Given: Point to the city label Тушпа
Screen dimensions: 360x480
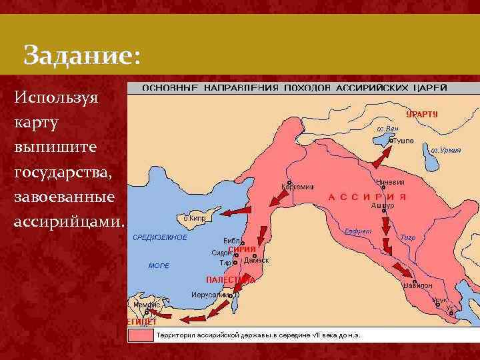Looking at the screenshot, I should (x=403, y=141).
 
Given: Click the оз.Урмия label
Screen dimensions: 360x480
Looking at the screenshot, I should (x=445, y=151).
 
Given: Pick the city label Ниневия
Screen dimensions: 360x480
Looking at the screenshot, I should (x=390, y=181).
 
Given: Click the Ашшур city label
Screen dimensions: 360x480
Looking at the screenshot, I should (x=383, y=206).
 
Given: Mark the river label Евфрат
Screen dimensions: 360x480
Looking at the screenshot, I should (x=357, y=231).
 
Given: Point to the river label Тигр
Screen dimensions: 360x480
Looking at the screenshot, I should (x=407, y=237).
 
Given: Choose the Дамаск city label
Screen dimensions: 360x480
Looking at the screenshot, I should (x=257, y=260).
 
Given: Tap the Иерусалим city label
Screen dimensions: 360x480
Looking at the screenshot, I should (x=209, y=294).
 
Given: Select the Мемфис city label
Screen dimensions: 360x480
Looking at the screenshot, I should (x=147, y=304).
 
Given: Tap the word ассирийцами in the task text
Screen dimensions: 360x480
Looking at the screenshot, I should (x=69, y=221).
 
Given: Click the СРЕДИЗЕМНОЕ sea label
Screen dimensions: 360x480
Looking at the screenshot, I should (x=160, y=237).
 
